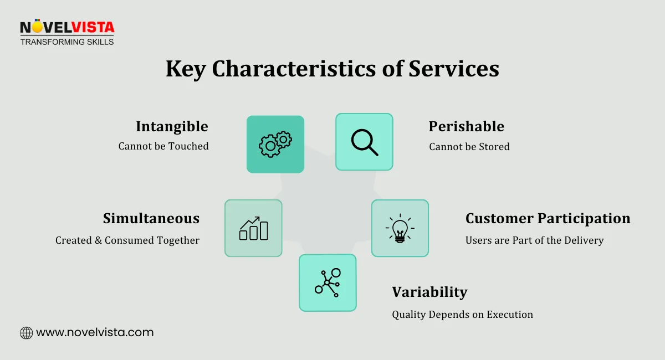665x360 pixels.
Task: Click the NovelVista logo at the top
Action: [66, 27]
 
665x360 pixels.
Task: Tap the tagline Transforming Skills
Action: [66, 42]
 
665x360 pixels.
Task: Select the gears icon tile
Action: [275, 144]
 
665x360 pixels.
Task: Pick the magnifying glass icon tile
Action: [364, 142]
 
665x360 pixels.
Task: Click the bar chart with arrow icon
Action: [253, 228]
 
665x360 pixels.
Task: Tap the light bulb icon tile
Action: [400, 228]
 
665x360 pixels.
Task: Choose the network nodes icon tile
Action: [328, 282]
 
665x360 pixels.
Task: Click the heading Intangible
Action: [172, 126]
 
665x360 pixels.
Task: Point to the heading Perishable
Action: [466, 126]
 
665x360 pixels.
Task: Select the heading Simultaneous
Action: [151, 218]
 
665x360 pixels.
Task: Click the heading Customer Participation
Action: [548, 218]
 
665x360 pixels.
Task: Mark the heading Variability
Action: [429, 292]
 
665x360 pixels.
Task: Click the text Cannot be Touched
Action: [163, 146]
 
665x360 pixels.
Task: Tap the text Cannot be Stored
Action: [469, 147]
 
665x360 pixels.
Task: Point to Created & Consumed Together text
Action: [127, 240]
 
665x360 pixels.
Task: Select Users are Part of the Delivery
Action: [534, 240]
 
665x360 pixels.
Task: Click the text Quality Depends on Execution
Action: [462, 315]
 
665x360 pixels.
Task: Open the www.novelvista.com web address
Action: [95, 332]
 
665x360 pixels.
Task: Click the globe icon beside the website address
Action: [26, 333]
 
